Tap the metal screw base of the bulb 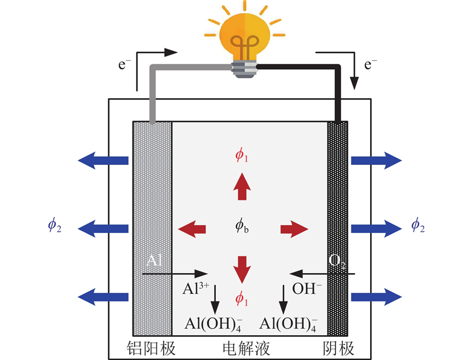pos(244,70)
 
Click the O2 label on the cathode pos(337,262)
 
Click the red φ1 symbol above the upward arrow pos(241,155)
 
